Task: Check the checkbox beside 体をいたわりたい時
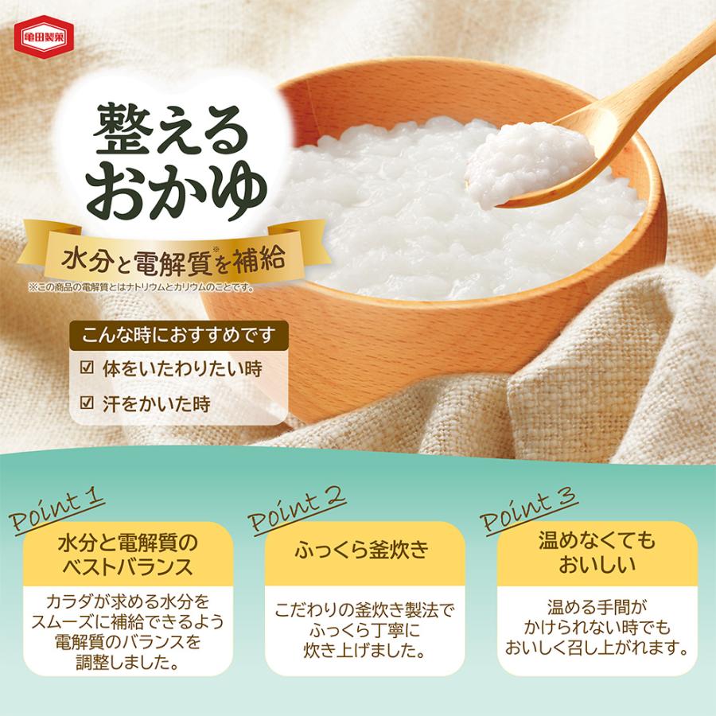click(x=88, y=369)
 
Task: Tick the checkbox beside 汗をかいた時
click(x=88, y=403)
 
